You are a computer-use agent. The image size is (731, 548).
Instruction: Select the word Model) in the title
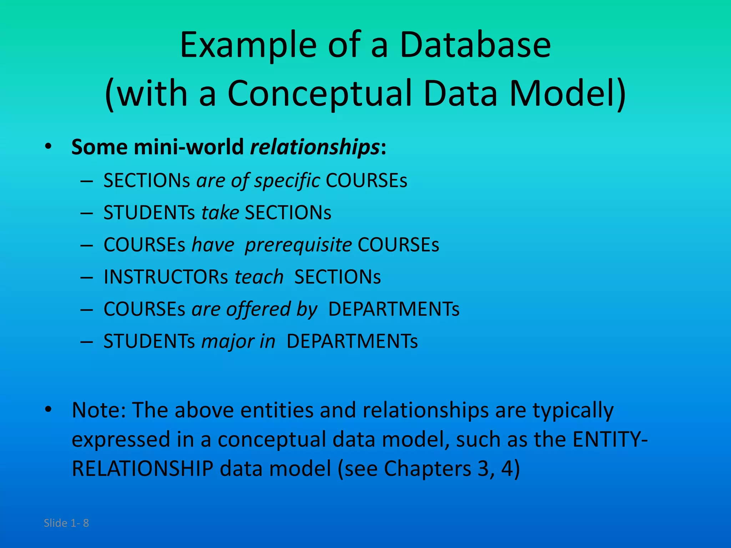568,93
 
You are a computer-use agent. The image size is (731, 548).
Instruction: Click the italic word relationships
314,147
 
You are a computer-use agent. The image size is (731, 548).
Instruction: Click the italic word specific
287,181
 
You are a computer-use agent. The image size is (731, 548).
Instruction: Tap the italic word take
220,213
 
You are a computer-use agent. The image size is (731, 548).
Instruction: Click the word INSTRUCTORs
166,277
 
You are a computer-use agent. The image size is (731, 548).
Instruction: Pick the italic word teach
259,277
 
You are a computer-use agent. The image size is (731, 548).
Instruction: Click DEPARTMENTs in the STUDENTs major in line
352,341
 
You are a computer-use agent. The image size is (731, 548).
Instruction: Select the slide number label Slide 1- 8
66,523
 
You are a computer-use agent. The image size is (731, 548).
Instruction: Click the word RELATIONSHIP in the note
142,469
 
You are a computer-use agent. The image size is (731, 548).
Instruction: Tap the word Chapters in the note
427,469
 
